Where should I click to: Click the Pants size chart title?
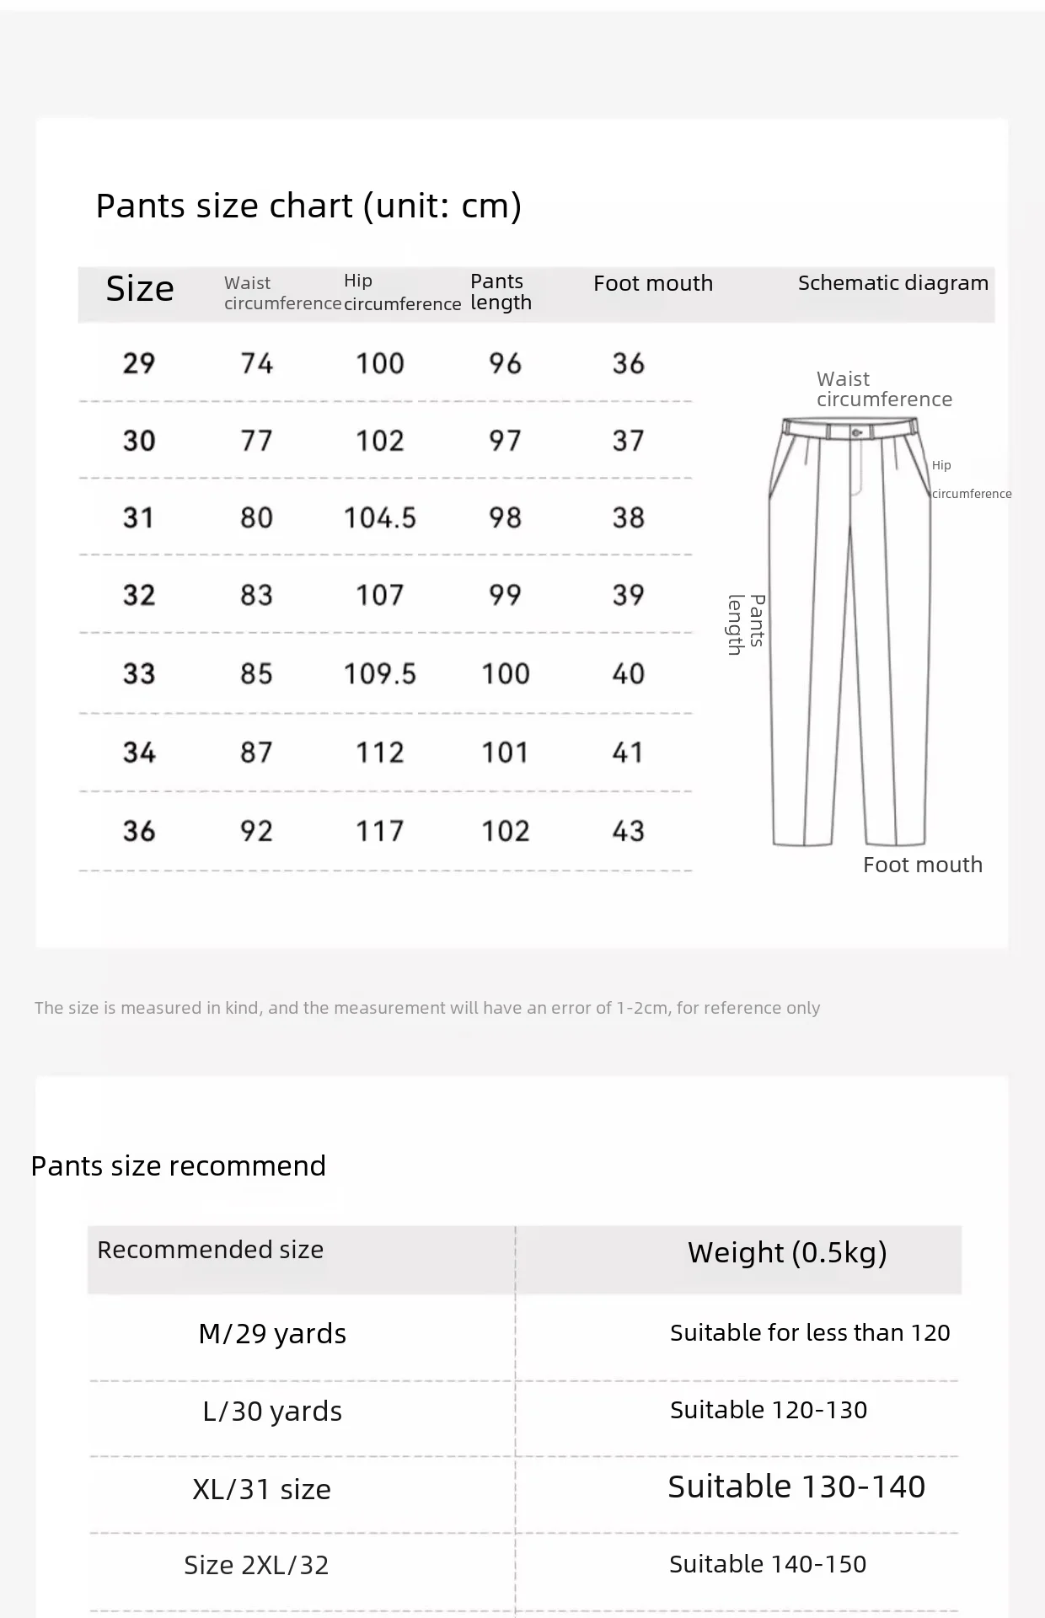(308, 206)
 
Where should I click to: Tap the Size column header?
(140, 289)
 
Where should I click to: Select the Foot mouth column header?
(652, 283)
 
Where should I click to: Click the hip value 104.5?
(379, 517)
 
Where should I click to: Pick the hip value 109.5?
(379, 673)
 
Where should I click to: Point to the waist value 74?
(256, 363)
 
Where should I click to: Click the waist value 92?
(256, 831)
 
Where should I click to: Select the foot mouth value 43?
(628, 831)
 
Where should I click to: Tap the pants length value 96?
(505, 363)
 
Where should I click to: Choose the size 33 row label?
(139, 673)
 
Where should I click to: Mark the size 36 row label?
(139, 831)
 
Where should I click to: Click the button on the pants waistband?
(857, 432)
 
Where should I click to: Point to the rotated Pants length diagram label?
(747, 624)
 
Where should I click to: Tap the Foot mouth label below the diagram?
(922, 865)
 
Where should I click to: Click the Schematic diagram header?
(892, 283)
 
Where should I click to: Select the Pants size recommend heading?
(178, 1165)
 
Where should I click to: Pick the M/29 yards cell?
(272, 1333)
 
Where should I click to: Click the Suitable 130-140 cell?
(796, 1487)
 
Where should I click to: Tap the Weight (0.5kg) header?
(787, 1252)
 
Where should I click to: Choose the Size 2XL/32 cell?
(256, 1565)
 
